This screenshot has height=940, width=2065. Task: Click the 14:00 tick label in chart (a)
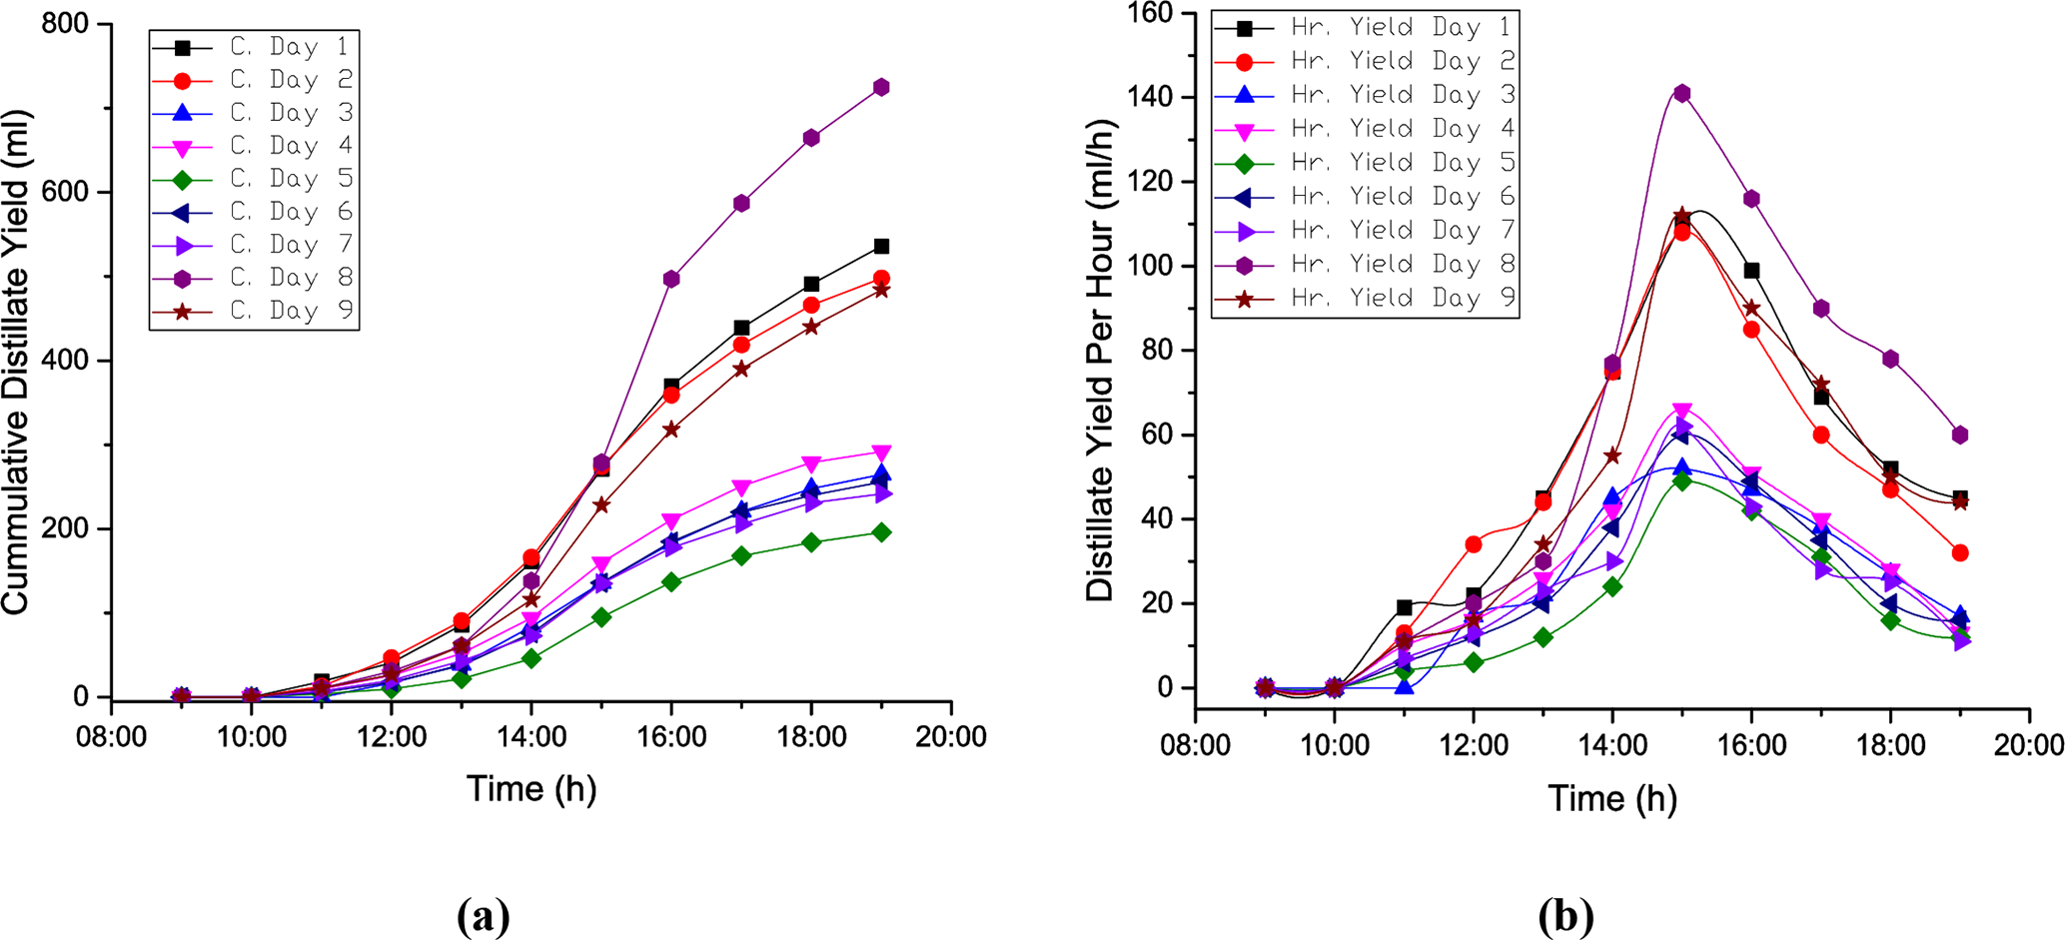[x=531, y=737]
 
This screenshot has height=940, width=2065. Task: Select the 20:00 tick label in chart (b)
[x=2029, y=746]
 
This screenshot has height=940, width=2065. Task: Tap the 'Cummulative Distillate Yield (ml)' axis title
[x=17, y=361]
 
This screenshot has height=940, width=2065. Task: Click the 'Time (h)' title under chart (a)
[x=531, y=789]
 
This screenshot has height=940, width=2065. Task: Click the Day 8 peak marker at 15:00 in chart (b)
[x=1682, y=94]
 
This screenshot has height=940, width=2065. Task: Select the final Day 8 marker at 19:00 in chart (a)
[x=881, y=87]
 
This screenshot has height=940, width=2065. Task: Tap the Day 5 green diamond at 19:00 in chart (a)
[x=881, y=532]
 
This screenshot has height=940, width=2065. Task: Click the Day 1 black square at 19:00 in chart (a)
[x=881, y=246]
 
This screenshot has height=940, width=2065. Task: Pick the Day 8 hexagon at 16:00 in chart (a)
[x=671, y=279]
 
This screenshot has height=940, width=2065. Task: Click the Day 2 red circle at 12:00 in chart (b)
[x=1474, y=544]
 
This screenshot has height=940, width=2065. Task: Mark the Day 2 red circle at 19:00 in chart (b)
[x=1960, y=552]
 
